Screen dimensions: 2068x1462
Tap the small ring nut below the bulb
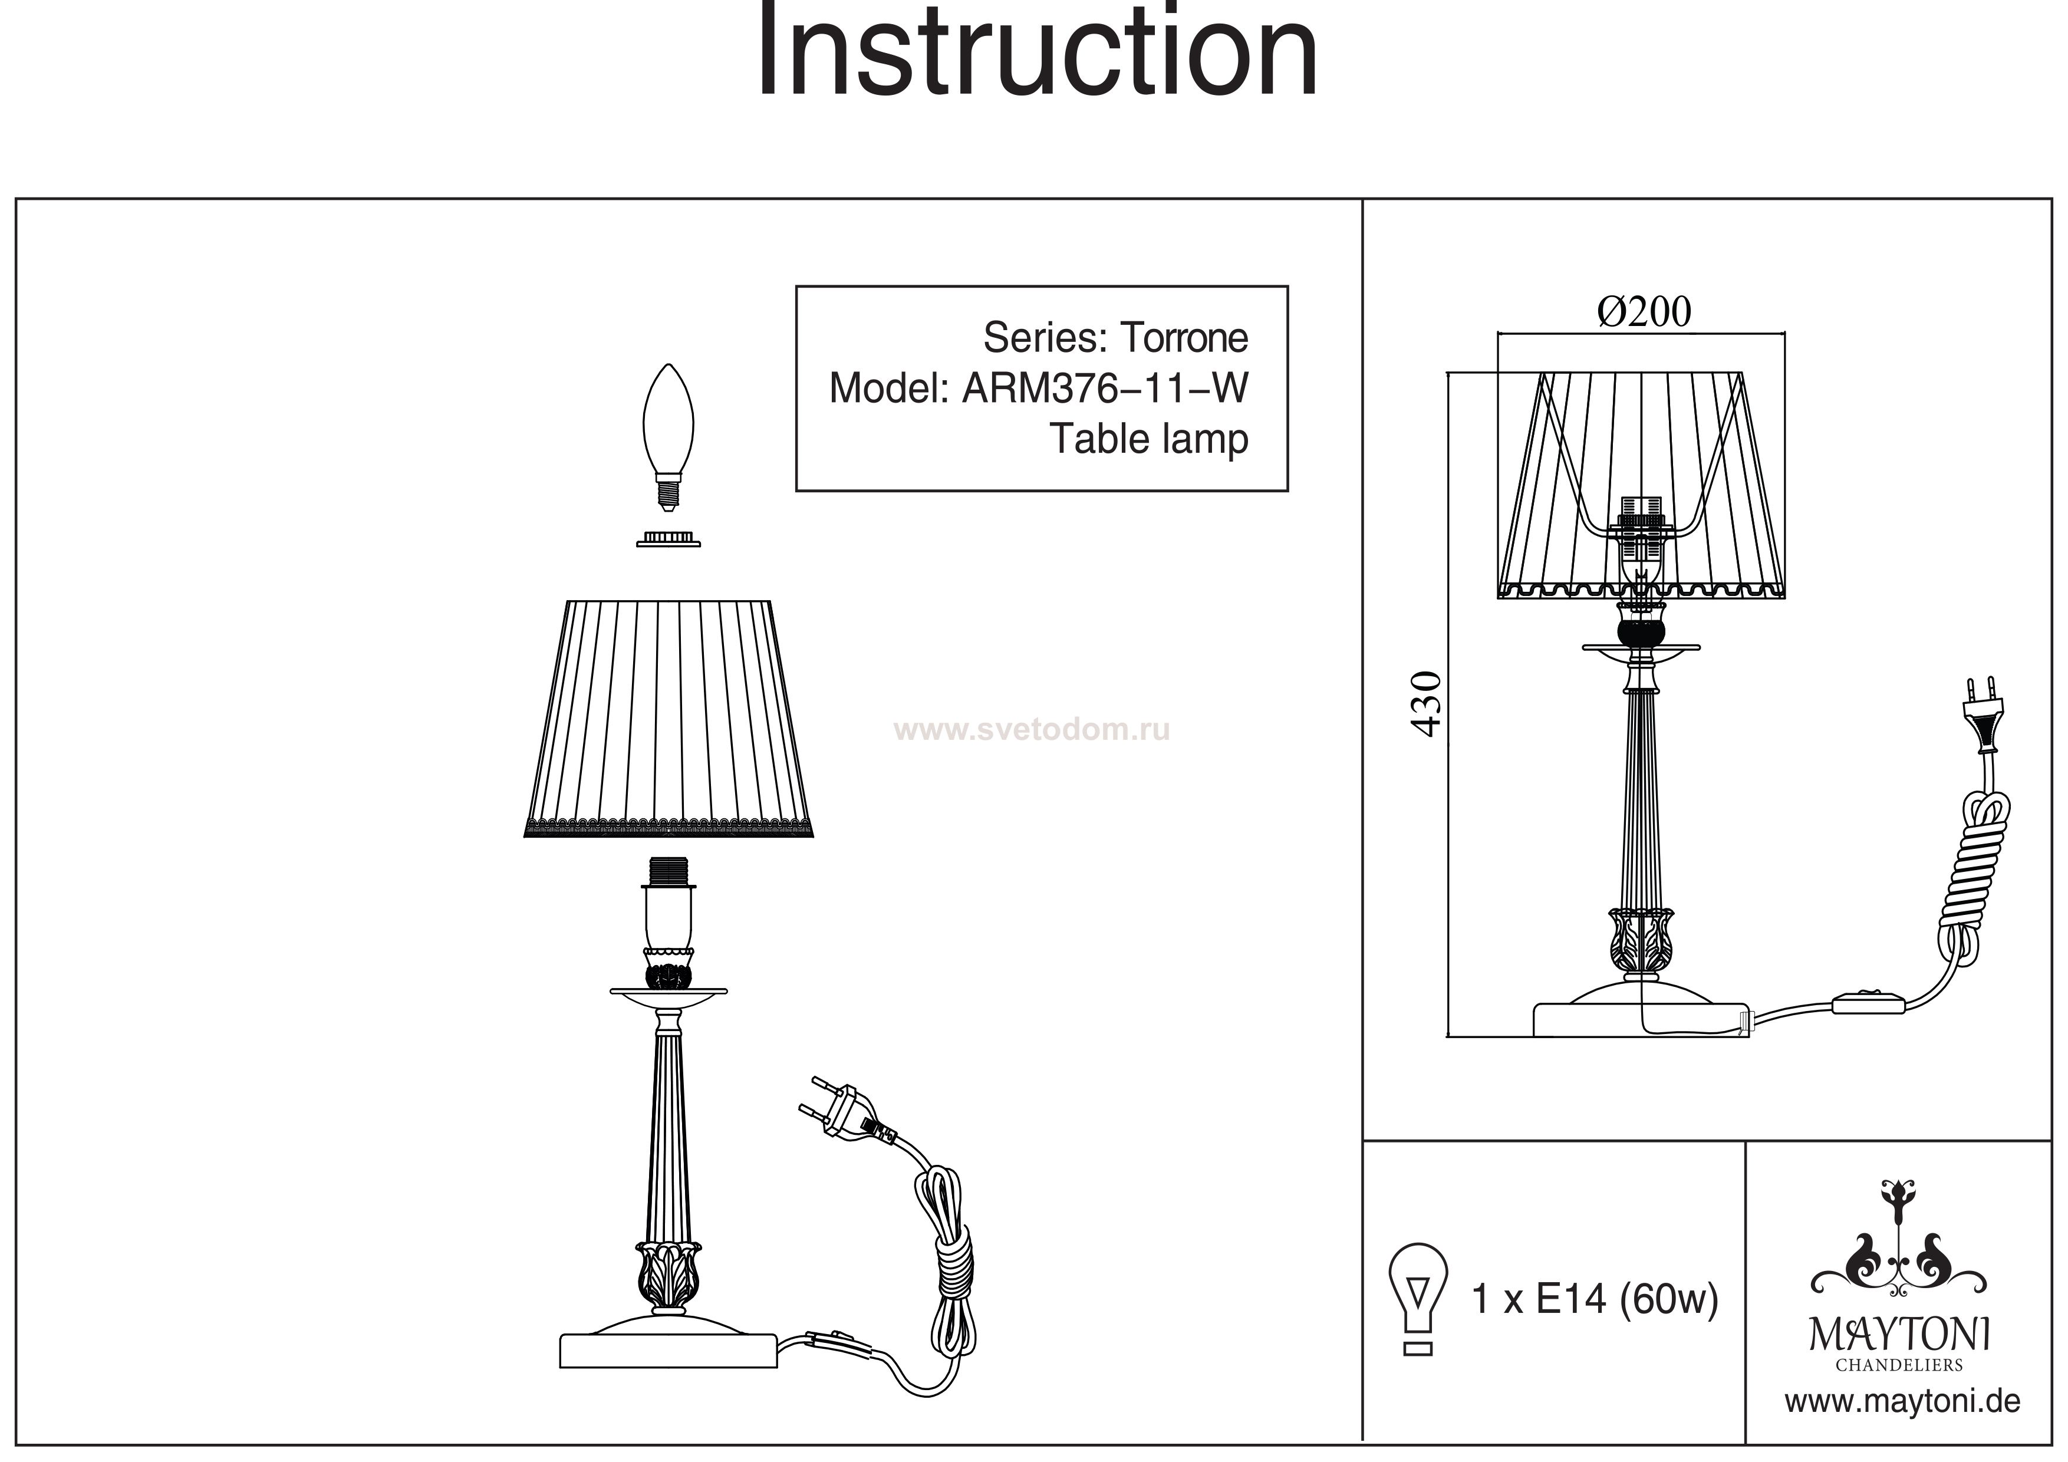tap(669, 539)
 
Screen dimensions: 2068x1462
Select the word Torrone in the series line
tap(1184, 338)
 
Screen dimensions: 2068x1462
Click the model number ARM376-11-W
tap(1106, 388)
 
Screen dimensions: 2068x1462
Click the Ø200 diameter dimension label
tap(1645, 312)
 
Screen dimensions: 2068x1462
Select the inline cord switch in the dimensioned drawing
tap(1869, 1002)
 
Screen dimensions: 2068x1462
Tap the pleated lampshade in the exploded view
tap(669, 719)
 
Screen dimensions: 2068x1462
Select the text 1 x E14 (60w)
tap(1594, 1300)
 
